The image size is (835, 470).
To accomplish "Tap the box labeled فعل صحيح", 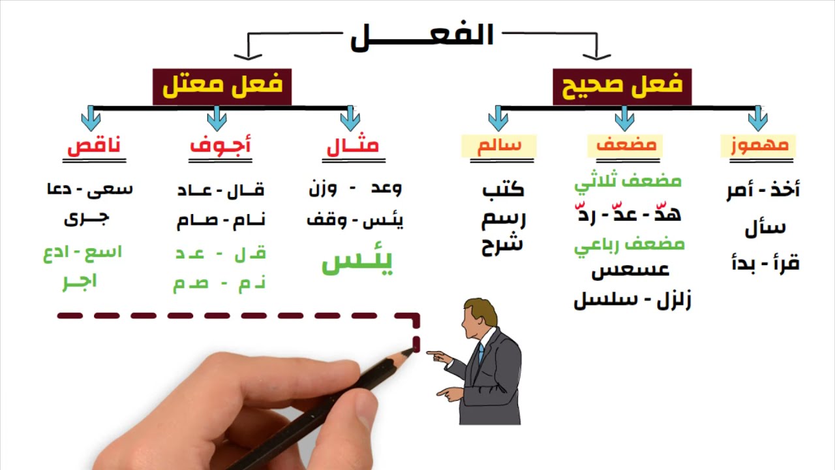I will tap(621, 85).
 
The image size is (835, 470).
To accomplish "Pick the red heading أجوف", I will tap(220, 146).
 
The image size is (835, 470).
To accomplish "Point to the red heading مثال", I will tap(352, 146).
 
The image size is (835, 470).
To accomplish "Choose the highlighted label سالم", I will tap(498, 145).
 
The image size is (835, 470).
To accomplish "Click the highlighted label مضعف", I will tap(625, 145).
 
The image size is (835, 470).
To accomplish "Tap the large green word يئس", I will tap(357, 262).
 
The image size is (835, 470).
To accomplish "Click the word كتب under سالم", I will tap(503, 190).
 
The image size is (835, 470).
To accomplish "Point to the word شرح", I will tap(502, 246).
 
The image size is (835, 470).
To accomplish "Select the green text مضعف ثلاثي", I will tap(628, 181).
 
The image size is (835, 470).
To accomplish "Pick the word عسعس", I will tap(630, 269).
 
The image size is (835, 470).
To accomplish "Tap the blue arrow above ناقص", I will tap(91, 119).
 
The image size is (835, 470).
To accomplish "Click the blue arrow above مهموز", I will tap(757, 119).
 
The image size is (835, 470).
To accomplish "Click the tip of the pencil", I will tap(412, 351).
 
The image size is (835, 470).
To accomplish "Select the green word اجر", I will tap(80, 282).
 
